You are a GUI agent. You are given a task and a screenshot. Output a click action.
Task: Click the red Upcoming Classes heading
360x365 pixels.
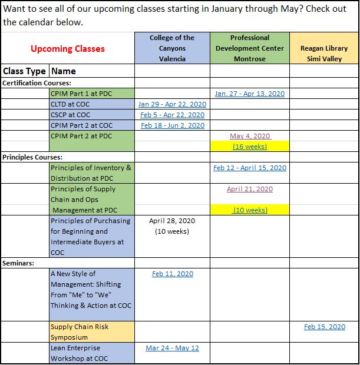(67, 48)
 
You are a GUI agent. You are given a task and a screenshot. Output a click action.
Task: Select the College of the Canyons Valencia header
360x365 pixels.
(172, 48)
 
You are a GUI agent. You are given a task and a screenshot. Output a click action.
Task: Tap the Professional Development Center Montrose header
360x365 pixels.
(249, 48)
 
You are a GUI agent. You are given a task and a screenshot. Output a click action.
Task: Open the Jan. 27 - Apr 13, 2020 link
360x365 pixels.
(249, 94)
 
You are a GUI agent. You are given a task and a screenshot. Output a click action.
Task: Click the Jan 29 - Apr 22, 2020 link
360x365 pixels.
(172, 104)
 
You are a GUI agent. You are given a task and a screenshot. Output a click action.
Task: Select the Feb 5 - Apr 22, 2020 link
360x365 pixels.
(172, 115)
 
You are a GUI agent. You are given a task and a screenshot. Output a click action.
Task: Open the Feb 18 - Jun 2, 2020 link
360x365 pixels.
(172, 125)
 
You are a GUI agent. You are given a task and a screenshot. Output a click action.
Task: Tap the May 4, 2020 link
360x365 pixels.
(249, 136)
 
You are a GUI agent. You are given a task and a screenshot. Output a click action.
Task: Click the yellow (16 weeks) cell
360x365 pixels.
(249, 147)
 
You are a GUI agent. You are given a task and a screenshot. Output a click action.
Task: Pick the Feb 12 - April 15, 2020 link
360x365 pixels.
(249, 168)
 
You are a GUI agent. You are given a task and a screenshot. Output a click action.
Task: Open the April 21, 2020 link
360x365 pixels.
(249, 189)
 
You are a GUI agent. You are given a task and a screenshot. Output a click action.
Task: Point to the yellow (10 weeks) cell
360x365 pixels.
(249, 210)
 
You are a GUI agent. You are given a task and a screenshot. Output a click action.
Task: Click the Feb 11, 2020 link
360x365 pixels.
(172, 274)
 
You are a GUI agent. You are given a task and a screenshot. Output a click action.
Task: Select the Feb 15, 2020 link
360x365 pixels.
(324, 327)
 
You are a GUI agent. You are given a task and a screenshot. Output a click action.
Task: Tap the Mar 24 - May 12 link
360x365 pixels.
(172, 348)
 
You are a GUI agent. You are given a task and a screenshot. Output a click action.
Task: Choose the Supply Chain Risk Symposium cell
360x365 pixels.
(91, 332)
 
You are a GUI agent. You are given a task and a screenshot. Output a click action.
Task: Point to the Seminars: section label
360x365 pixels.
(19, 263)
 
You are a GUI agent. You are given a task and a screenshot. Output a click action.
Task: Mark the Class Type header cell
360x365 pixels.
(25, 71)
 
